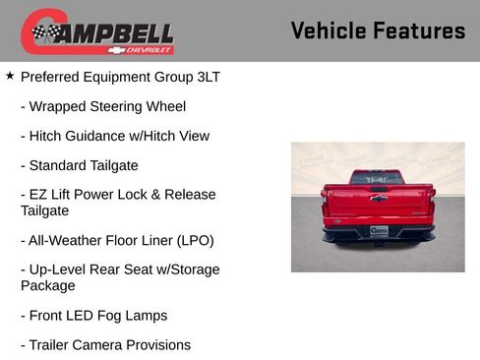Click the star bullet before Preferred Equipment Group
(x=10, y=75)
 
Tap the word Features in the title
(x=420, y=30)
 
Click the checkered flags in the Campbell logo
(x=44, y=33)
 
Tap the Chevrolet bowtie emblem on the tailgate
(x=378, y=198)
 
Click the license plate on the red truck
(x=379, y=230)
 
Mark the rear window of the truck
(x=378, y=178)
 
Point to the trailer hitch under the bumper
(x=379, y=243)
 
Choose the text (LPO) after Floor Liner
(x=189, y=240)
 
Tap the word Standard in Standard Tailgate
(x=58, y=165)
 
